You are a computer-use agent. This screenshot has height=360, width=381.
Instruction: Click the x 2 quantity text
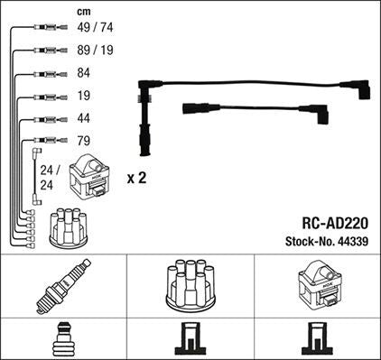(136, 179)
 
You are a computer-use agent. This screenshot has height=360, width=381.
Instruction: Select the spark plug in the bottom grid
(62, 286)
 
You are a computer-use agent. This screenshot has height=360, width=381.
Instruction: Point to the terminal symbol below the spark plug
(62, 340)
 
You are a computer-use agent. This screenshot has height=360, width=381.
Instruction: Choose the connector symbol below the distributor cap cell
(190, 340)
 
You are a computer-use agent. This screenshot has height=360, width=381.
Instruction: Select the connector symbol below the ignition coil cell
(317, 340)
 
